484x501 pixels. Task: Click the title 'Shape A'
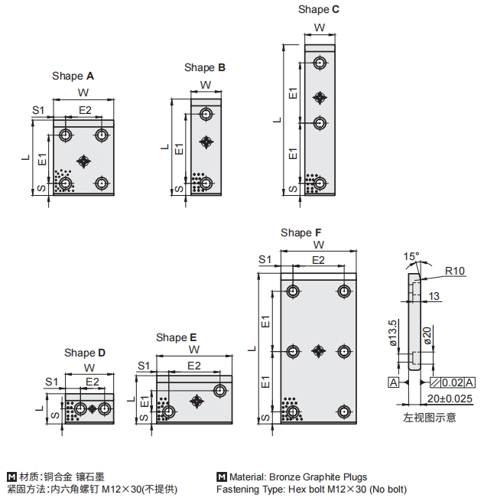point(73,76)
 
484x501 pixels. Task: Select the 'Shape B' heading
point(205,67)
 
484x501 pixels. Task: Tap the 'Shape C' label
point(319,9)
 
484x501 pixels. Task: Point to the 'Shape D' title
point(85,353)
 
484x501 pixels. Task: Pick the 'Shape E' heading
point(177,337)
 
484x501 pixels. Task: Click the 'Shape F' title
point(301,233)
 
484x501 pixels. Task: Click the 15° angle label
point(412,255)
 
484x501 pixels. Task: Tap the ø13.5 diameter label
point(393,333)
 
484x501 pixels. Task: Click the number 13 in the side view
point(434,297)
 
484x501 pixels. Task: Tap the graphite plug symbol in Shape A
point(84,160)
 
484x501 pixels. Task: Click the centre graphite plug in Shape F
point(319,351)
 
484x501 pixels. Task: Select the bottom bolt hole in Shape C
point(320,183)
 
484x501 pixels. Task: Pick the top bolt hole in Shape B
point(206,115)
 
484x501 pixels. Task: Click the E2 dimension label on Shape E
point(194,366)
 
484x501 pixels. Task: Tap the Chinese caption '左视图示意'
point(430,418)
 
